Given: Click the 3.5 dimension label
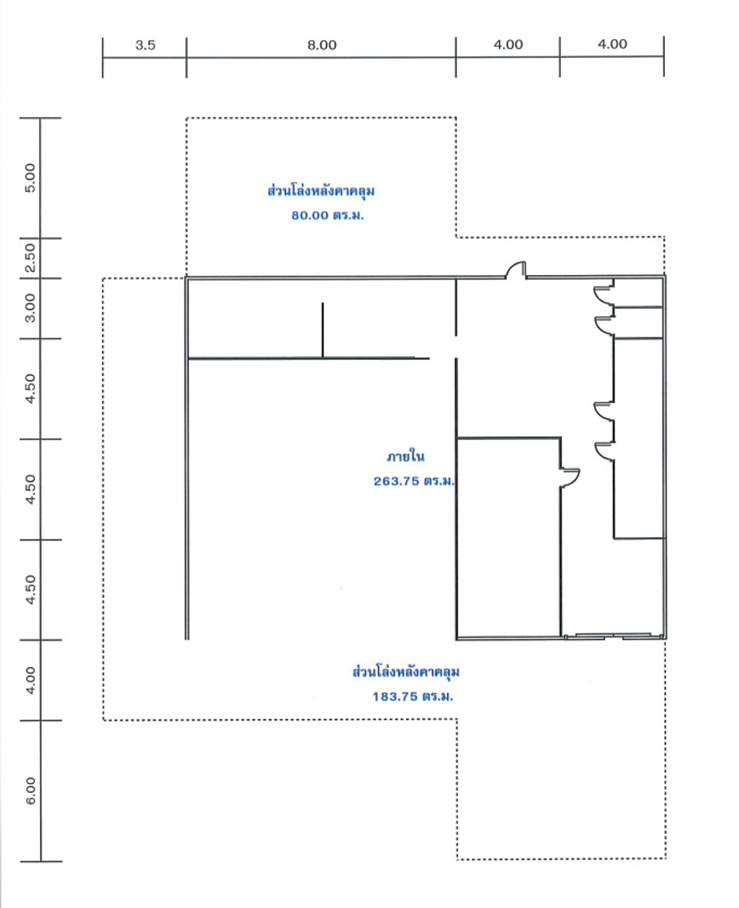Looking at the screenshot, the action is coord(145,44).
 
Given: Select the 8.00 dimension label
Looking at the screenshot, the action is coord(322,44).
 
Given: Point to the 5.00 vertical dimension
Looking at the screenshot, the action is coord(30,178).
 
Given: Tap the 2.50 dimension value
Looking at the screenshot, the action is coord(30,258).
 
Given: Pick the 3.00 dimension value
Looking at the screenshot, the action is coord(30,308).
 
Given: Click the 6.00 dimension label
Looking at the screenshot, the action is coord(30,791).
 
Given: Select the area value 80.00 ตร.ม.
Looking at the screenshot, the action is coord(327,215).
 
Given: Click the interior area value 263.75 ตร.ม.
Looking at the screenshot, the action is coord(414,481).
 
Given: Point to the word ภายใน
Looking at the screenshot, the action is coord(405,456).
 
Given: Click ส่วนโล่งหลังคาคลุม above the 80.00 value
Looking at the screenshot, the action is coord(321,191).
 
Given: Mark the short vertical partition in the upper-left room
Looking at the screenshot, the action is coord(322,330).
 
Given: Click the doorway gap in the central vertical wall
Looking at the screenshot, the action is coord(456,347).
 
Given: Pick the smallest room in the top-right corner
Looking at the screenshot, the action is coord(638,292).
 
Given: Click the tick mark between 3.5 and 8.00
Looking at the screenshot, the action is coord(186,57).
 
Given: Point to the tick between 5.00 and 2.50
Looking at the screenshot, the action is coord(40,239).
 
